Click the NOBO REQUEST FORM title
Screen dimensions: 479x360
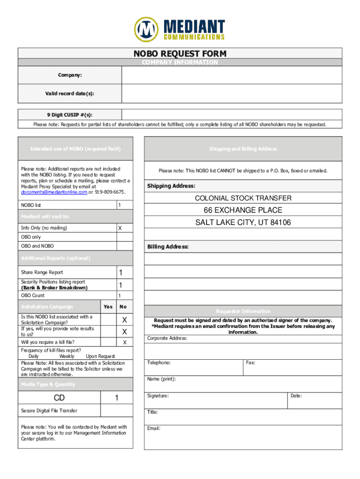pos(180,54)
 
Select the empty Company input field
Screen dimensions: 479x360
pos(231,75)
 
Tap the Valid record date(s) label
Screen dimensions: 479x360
pos(70,94)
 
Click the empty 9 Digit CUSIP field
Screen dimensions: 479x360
pos(231,114)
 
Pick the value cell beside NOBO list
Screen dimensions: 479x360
pos(125,205)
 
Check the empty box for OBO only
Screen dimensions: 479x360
pos(125,237)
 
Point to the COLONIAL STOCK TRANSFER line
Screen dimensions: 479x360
pos(243,198)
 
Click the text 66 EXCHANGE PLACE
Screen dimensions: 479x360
pos(243,210)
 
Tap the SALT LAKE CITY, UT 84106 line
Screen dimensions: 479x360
pos(243,223)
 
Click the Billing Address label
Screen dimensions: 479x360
pos(168,247)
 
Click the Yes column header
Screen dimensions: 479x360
pos(108,307)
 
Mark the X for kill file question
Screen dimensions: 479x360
pos(125,342)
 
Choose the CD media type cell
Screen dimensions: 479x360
pos(59,398)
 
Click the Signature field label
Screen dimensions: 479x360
pos(158,396)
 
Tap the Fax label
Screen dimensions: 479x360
pos(250,363)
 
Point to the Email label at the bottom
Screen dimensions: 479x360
pos(154,428)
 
